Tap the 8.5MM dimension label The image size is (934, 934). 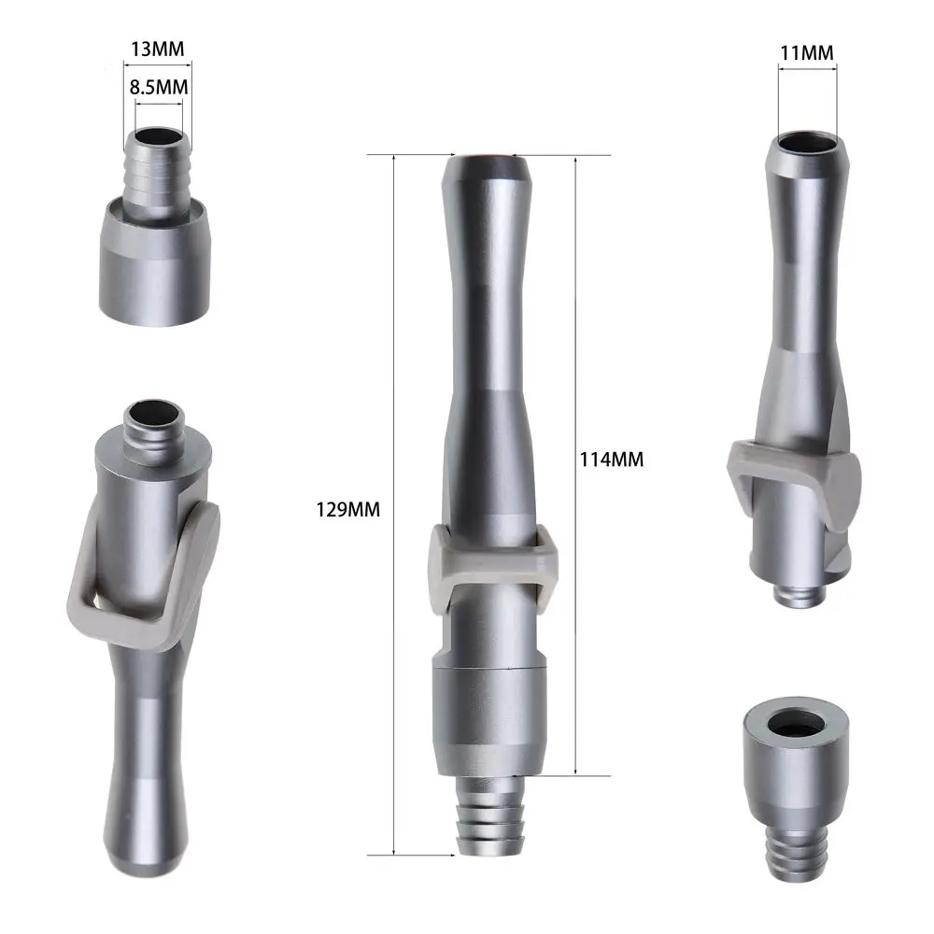(x=159, y=87)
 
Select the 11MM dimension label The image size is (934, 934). (x=807, y=52)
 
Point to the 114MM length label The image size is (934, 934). (x=612, y=460)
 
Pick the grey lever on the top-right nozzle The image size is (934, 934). (x=794, y=467)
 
